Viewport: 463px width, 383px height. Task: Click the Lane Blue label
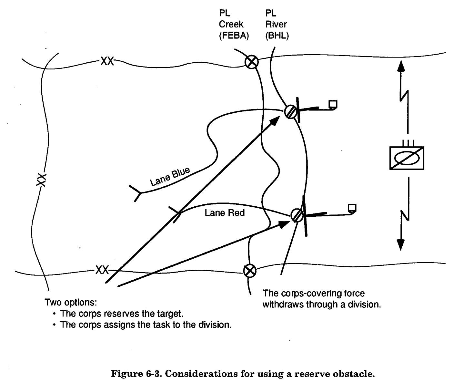170,177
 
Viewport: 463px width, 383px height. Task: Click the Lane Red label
225,213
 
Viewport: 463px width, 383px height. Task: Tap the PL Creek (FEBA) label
234,25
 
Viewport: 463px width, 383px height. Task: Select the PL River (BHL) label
277,25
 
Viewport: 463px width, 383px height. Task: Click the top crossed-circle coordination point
251,62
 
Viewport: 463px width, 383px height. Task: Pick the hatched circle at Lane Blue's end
290,112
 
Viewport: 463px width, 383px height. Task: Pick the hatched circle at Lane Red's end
297,215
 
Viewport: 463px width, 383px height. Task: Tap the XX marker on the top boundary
107,61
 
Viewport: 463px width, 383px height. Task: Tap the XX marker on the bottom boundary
102,270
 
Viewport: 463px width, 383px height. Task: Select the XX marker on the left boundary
41,180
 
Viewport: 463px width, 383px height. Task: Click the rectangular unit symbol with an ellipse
407,158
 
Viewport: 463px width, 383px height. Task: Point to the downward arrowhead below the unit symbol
401,244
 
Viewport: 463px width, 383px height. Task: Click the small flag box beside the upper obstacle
333,105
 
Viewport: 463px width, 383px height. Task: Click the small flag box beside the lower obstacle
352,208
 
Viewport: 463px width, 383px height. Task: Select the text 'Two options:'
71,303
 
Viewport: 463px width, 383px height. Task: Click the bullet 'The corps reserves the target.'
122,314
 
